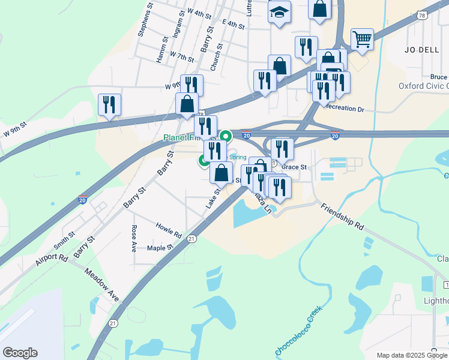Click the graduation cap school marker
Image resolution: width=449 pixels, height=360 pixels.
279,13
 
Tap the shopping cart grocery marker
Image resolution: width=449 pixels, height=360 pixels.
362,40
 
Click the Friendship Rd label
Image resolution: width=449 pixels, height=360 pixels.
342,217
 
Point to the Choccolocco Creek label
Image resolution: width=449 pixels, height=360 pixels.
299,331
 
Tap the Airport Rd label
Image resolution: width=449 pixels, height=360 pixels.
51,256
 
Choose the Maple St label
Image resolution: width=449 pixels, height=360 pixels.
160,248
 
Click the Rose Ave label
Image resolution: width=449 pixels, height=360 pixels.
134,238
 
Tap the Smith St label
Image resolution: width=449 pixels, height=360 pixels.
64,241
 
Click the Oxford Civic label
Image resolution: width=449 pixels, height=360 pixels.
423,86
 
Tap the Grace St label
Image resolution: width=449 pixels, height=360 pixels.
294,167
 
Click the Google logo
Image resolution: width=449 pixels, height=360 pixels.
20,353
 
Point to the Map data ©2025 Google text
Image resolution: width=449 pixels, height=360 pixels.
412,355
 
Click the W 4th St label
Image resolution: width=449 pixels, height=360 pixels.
199,13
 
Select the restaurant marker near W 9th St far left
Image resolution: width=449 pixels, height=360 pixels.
109,104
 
